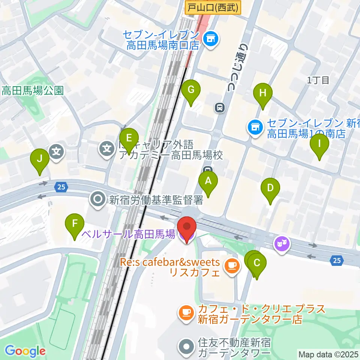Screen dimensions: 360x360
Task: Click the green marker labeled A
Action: point(208,182)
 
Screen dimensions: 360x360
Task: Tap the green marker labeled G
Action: point(191,90)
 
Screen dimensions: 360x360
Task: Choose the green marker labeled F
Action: point(75,224)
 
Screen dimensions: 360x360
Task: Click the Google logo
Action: point(25,351)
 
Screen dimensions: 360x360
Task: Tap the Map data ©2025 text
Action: point(328,354)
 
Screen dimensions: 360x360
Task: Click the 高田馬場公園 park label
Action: point(32,90)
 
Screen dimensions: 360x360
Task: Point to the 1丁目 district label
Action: point(318,80)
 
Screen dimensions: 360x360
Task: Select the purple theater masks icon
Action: point(281,244)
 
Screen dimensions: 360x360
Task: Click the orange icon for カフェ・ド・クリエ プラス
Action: point(186,312)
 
